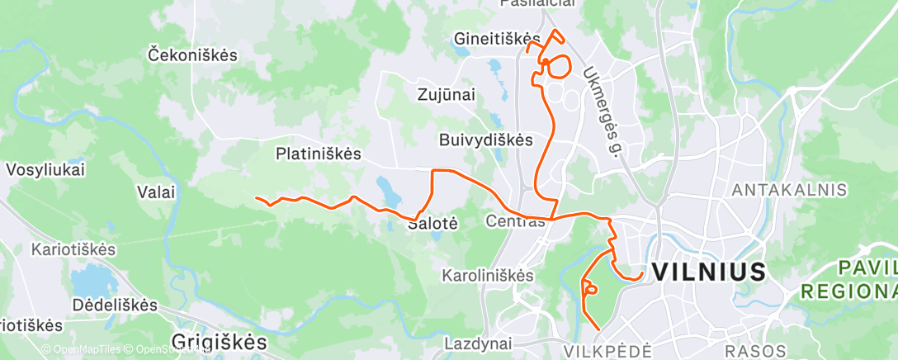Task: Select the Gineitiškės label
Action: click(x=497, y=38)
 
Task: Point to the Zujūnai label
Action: click(x=445, y=95)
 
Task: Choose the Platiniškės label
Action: click(x=319, y=153)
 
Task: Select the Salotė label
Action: click(x=428, y=223)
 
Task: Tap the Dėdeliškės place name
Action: click(x=114, y=305)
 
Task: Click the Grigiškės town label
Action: click(x=220, y=341)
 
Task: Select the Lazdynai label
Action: click(x=478, y=343)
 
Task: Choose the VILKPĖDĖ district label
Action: click(x=608, y=351)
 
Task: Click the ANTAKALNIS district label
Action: click(x=790, y=190)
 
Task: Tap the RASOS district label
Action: click(x=749, y=351)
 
